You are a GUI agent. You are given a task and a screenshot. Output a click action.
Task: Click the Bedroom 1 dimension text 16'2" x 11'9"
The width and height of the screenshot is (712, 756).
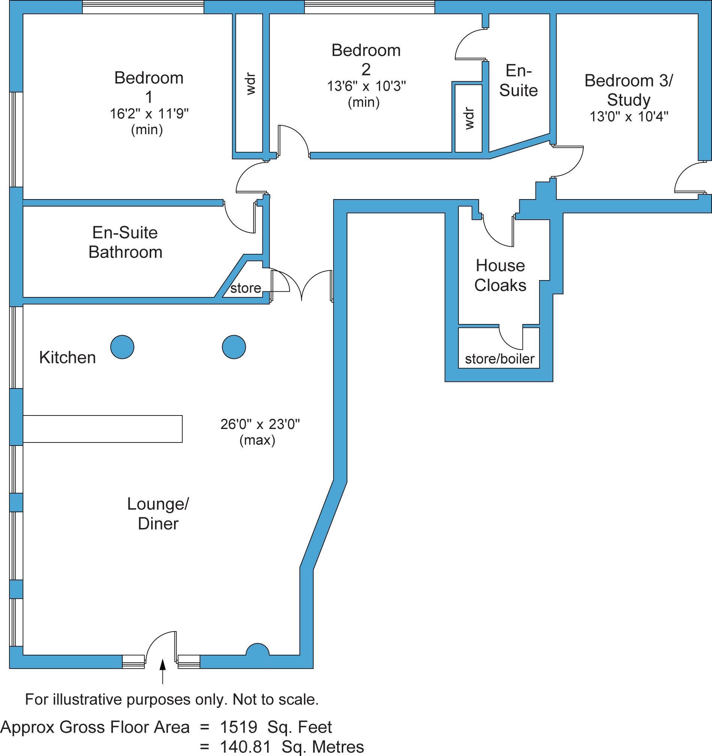coord(149,114)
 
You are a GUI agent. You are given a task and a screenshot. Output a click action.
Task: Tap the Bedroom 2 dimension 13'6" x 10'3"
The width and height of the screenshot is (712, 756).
coord(366,86)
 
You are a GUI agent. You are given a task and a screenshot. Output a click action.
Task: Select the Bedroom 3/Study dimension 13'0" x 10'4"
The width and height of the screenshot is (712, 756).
coord(629,116)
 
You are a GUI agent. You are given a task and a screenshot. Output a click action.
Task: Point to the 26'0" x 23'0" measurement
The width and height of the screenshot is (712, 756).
coord(260,424)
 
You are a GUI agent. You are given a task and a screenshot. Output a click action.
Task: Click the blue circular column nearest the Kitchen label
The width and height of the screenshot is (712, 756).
coord(122,347)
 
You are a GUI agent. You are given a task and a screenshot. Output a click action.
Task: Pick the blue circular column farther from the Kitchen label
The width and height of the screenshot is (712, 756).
coord(234,347)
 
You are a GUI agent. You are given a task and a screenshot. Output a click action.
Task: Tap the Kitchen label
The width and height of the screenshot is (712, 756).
coord(67,357)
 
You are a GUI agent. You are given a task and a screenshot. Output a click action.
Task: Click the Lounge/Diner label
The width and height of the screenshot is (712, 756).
coord(158,514)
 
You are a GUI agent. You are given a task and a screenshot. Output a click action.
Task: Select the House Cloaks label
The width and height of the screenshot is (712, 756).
coord(500,275)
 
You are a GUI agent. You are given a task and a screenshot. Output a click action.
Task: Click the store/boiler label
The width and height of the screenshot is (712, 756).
coord(499,358)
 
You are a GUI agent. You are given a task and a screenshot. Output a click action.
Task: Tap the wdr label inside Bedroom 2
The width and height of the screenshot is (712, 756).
coord(469,118)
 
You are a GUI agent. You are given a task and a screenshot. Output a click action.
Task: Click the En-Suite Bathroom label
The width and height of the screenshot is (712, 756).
coord(125,242)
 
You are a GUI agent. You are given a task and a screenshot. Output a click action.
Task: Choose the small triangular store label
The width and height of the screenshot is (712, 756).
coord(246,288)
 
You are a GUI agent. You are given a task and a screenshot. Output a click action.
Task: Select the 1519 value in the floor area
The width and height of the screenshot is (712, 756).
coord(239,727)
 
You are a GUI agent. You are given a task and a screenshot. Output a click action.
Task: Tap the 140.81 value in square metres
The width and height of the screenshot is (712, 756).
coord(245,747)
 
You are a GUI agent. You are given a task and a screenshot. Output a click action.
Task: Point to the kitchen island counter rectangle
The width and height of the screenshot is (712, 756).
coord(102,429)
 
